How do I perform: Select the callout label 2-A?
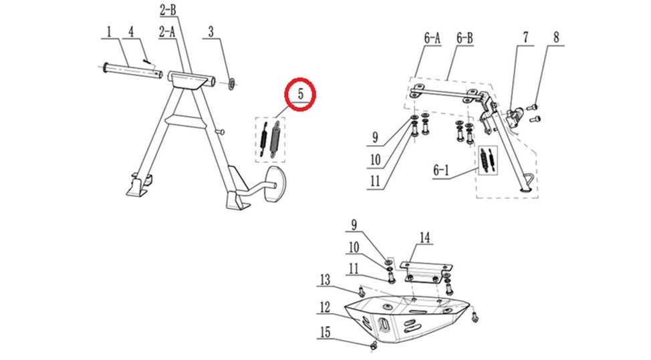pos(167,31)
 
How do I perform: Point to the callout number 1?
pos(109,32)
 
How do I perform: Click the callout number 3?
pos(211,31)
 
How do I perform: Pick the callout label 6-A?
pos(432,38)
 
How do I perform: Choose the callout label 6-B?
pos(465,38)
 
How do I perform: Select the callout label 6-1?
pos(441,170)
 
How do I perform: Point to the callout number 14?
pos(424,238)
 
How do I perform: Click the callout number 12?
pos(325,307)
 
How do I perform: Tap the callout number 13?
pos(325,280)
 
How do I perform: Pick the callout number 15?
pos(325,332)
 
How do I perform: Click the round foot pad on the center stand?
pos(274,184)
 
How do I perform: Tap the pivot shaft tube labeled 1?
pos(132,71)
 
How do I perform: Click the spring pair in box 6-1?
pos(487,160)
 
